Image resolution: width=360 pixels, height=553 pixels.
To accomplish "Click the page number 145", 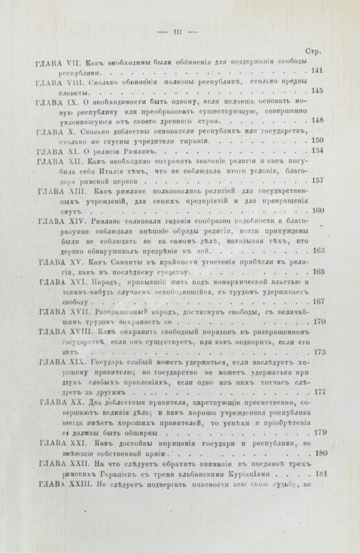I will click(x=318, y=91).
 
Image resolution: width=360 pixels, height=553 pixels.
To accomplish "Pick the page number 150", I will click(x=318, y=141).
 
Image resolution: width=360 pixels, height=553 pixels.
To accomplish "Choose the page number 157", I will click(x=318, y=181).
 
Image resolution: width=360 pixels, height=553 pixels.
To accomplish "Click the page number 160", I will click(x=318, y=211).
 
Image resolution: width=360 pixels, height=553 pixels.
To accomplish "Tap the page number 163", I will click(x=318, y=251).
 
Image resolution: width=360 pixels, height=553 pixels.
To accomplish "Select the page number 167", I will click(x=318, y=301).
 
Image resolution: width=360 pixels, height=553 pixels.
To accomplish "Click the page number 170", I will click(x=318, y=321).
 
